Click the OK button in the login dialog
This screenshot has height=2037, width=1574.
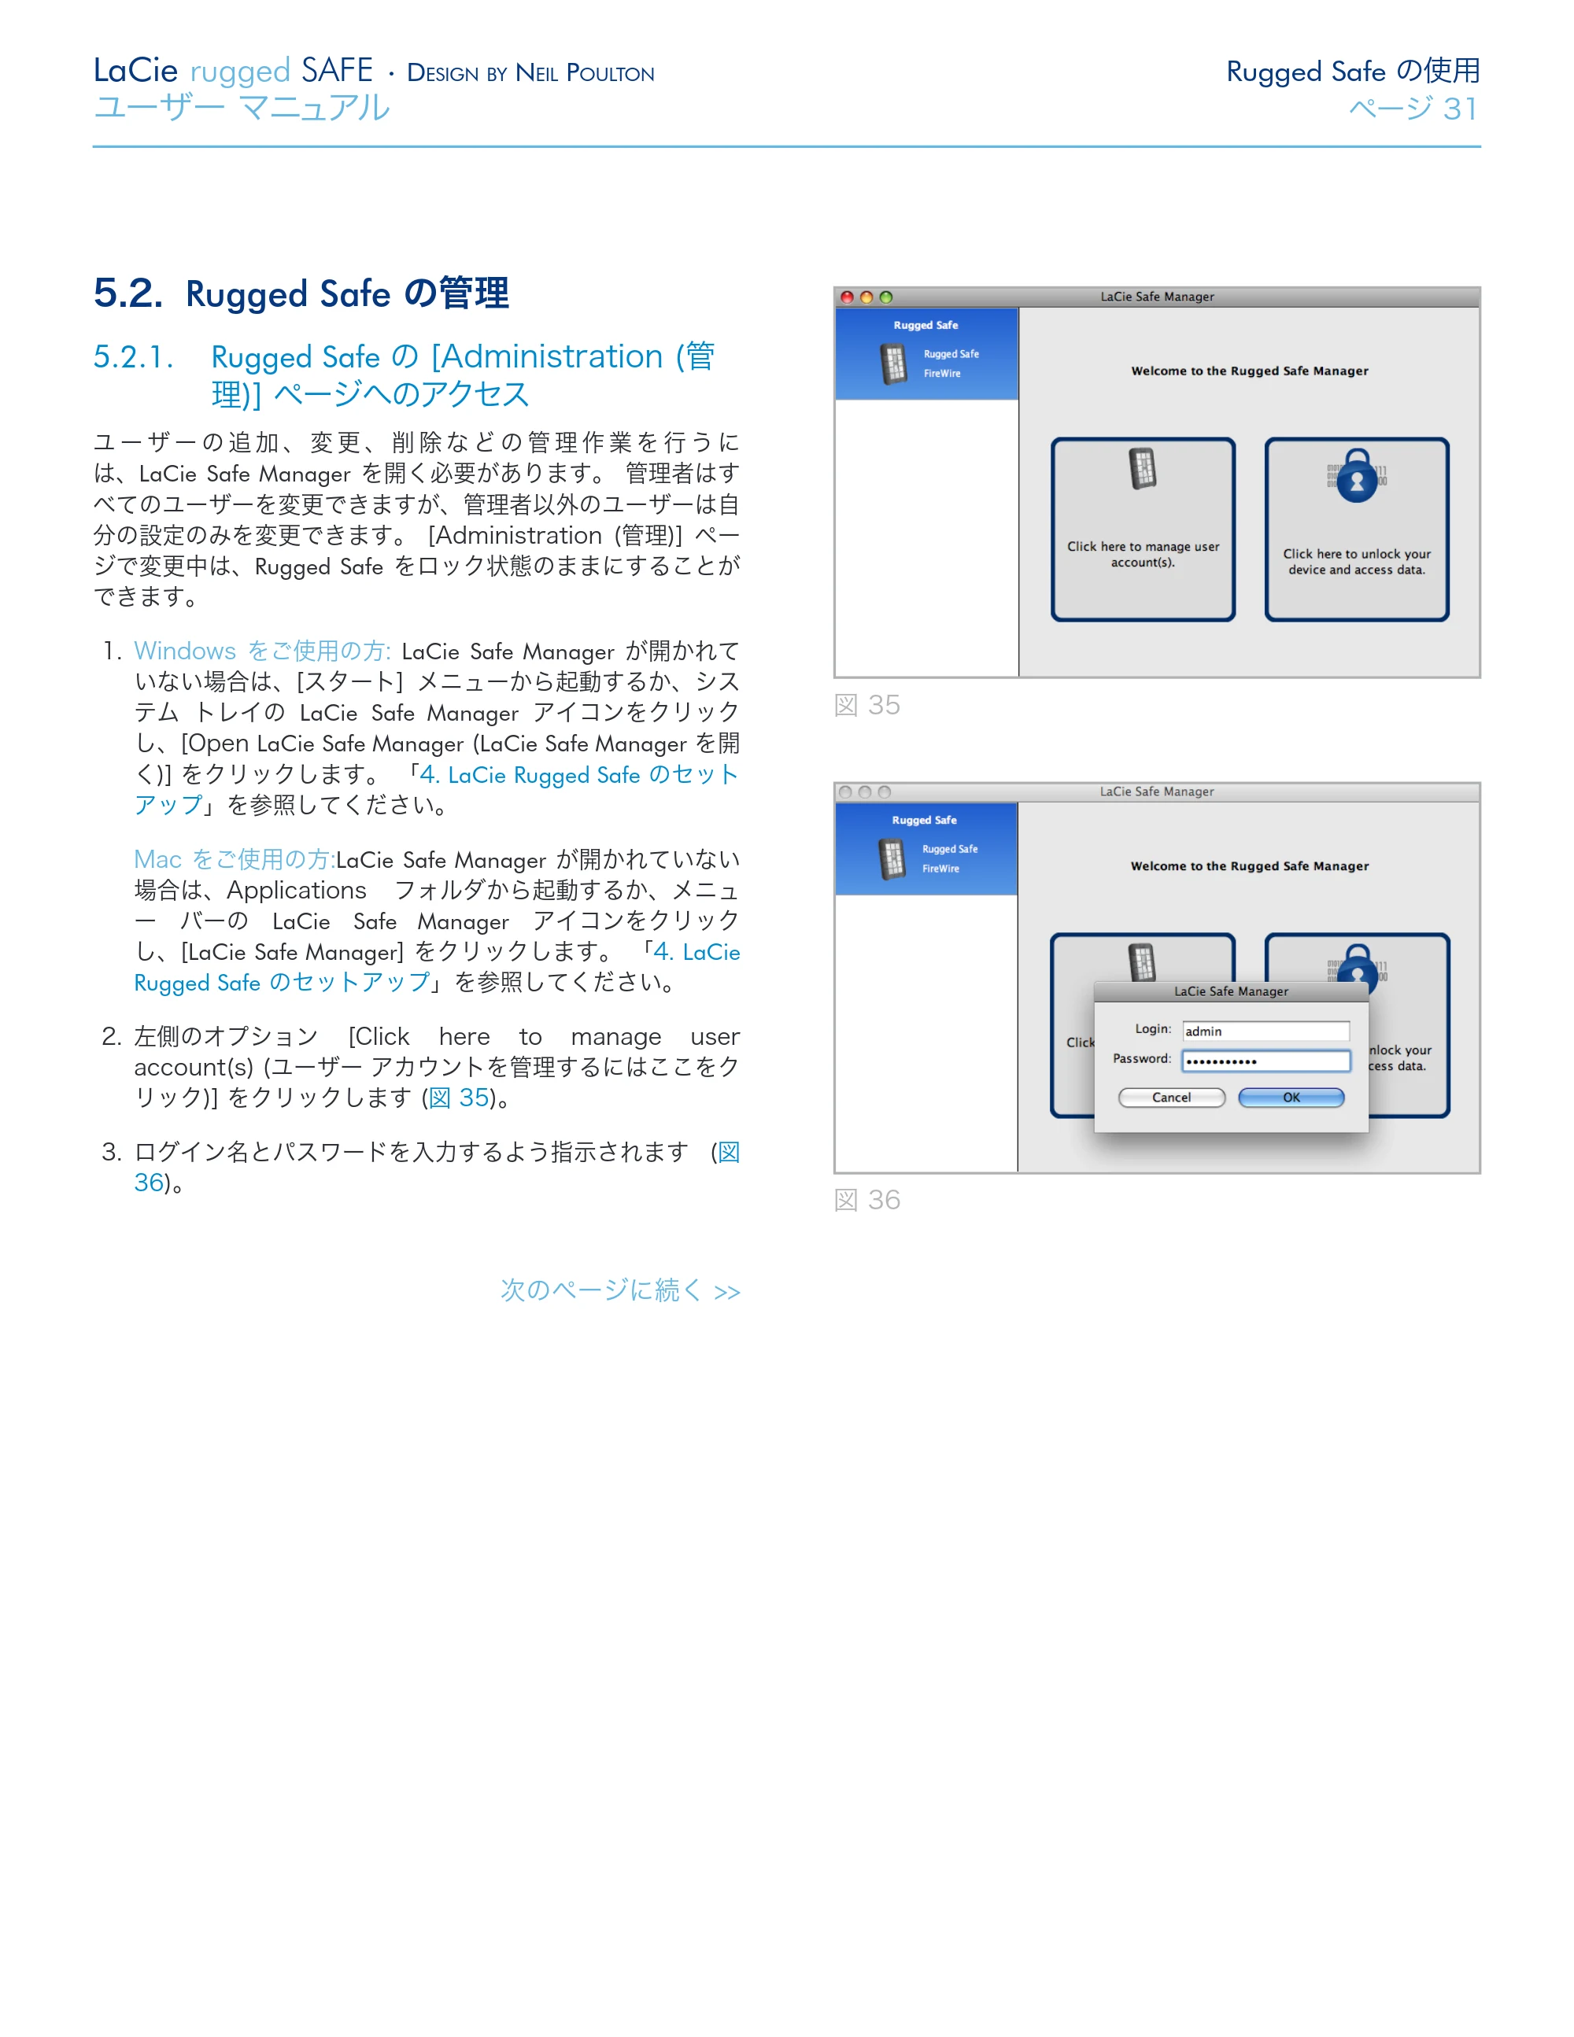pos(1291,1098)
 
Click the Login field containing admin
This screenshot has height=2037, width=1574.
pos(1265,1031)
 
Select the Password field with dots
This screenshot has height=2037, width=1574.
pos(1265,1061)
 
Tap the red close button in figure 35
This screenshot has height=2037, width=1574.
pos(846,297)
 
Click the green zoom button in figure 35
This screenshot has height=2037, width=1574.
pos(885,297)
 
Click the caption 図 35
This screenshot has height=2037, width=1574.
pos(866,705)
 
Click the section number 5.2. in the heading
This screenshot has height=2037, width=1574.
pos(127,293)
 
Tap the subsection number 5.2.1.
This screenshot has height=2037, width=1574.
pos(134,356)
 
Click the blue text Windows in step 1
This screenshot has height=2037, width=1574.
pos(185,651)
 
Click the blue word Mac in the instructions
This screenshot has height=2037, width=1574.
pos(157,859)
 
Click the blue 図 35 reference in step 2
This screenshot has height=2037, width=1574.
pos(459,1098)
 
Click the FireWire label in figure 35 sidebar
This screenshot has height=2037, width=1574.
pos(941,373)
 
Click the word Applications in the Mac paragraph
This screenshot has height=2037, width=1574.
pos(297,890)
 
